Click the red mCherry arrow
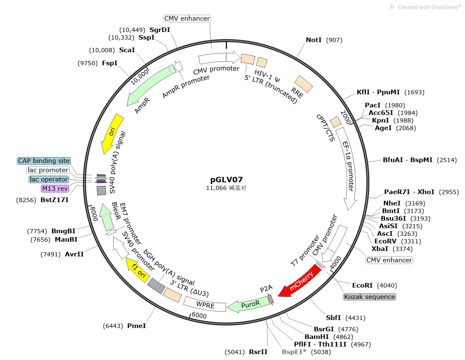[300, 281]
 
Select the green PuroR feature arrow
[249, 304]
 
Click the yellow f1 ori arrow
[137, 270]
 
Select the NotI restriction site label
[313, 40]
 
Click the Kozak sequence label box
[370, 297]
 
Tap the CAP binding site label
[44, 160]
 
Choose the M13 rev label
[55, 189]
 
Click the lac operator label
[49, 179]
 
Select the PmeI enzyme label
[136, 326]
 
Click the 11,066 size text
[216, 188]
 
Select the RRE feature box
[303, 84]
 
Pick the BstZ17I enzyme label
[54, 200]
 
